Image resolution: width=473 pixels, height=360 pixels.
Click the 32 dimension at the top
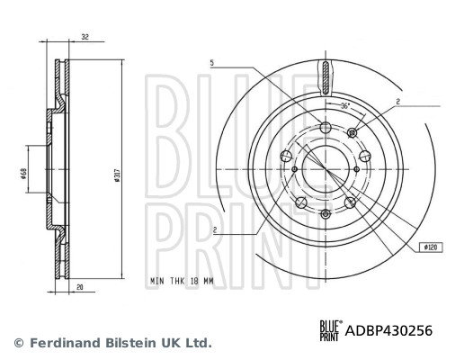point(85,38)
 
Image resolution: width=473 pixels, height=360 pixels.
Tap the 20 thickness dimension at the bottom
point(81,288)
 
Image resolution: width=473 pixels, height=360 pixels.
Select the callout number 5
point(213,62)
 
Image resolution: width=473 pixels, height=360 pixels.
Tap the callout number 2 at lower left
point(214,231)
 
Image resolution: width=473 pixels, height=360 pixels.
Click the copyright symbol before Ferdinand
point(18,343)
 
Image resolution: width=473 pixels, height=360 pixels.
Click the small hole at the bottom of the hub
point(326,212)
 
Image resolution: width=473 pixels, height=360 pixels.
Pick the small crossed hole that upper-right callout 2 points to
point(352,133)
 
